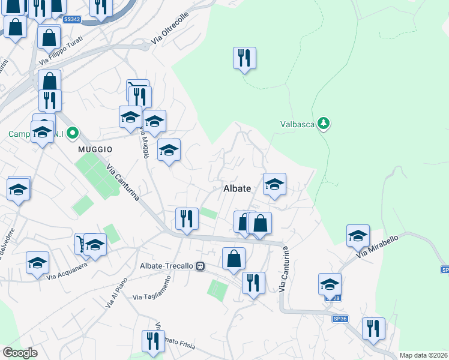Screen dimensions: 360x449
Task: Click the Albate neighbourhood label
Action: (237, 188)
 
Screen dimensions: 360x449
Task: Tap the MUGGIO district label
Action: (94, 148)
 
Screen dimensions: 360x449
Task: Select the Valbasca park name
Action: (298, 125)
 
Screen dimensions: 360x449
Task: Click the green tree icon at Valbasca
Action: (324, 124)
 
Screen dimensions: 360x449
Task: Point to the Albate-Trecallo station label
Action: (167, 266)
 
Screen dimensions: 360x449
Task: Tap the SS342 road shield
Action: (71, 20)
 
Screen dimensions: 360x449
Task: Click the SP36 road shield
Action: (340, 319)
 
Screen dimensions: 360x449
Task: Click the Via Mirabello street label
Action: (378, 247)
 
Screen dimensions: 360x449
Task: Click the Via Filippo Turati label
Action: (61, 53)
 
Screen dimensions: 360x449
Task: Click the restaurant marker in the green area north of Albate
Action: (244, 58)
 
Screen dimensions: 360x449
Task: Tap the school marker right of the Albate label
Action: (274, 184)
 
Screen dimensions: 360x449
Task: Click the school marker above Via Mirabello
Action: (358, 236)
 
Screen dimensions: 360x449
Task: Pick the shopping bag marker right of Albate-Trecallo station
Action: (234, 259)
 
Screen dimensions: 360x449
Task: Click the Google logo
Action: (20, 353)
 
